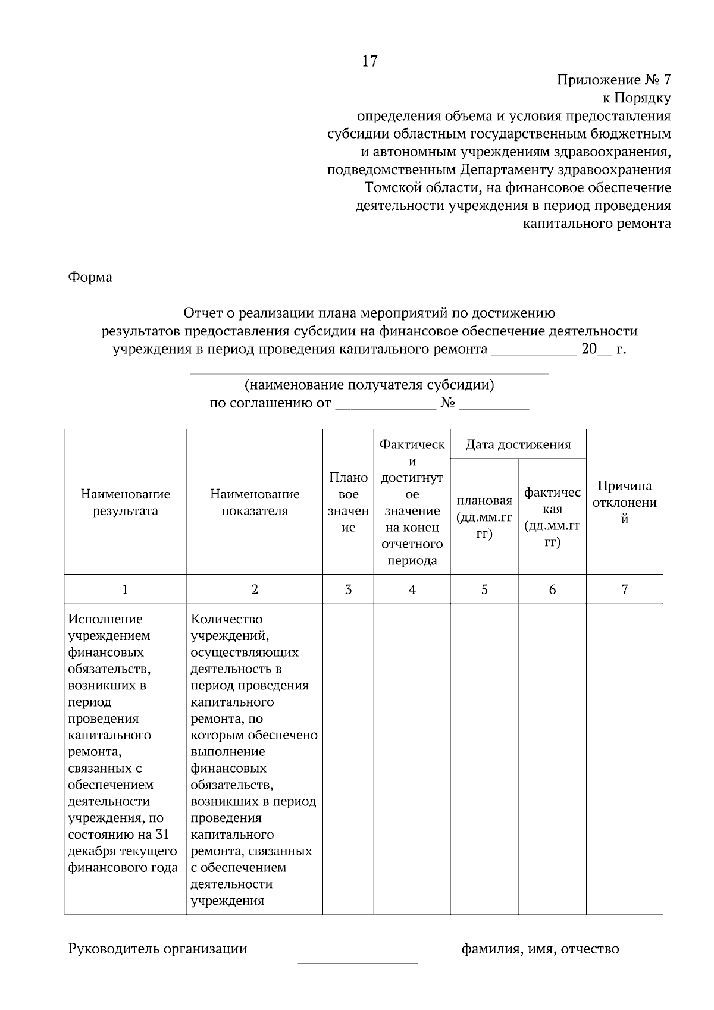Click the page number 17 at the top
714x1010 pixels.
click(x=369, y=61)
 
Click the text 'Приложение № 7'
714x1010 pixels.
click(x=613, y=80)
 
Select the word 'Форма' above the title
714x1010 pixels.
click(x=90, y=277)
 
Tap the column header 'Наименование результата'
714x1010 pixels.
click(x=126, y=503)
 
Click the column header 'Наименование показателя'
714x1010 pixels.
click(x=255, y=503)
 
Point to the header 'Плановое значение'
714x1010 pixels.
click(x=348, y=503)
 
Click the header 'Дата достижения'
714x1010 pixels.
click(x=518, y=444)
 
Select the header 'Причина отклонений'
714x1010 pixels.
click(x=624, y=503)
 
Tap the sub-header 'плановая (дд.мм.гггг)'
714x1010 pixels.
click(x=484, y=517)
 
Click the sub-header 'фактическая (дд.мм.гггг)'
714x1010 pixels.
click(x=552, y=517)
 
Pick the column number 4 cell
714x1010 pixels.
click(x=412, y=589)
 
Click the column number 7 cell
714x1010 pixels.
click(x=624, y=589)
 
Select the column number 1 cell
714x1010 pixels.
click(x=126, y=589)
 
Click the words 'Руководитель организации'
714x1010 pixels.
click(x=158, y=949)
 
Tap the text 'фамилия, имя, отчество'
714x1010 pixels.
click(x=540, y=949)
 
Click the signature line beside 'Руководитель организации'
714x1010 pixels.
click(x=358, y=962)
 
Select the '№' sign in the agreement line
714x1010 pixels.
click(x=448, y=403)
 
